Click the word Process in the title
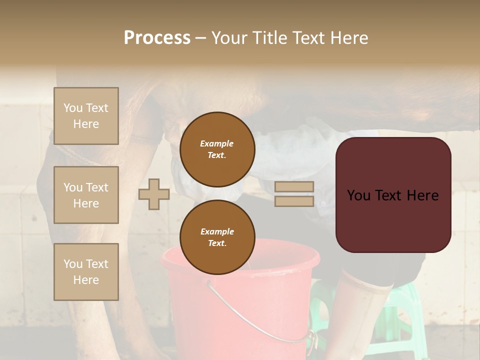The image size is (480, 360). click(157, 38)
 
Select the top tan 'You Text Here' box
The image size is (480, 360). click(86, 116)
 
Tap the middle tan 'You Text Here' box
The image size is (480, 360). click(86, 195)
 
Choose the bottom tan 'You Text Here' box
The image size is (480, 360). click(86, 271)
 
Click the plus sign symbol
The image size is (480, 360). click(154, 194)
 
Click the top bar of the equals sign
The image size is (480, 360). click(294, 186)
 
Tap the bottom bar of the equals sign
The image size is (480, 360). click(294, 201)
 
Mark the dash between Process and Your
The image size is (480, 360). click(200, 38)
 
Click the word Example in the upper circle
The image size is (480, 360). click(216, 143)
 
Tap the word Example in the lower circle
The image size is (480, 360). click(217, 231)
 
